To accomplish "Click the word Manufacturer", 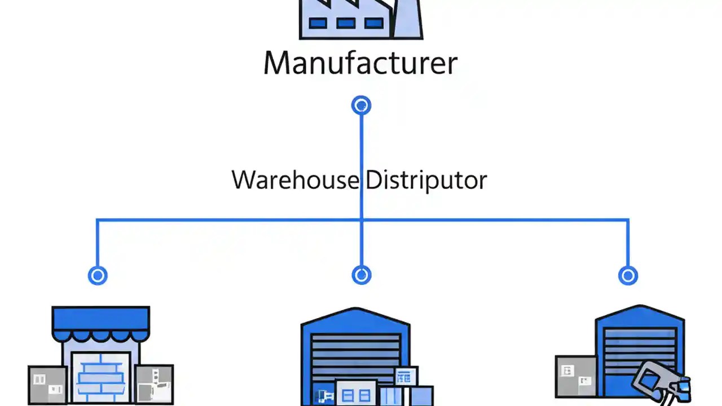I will [x=360, y=63].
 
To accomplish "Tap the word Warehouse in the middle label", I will [x=294, y=180].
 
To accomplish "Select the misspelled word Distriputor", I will [x=425, y=180].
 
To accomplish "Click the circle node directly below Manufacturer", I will [x=361, y=105].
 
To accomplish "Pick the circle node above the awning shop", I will [x=98, y=275].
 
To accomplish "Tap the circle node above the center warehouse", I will [x=361, y=275].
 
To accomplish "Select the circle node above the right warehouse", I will [x=628, y=275].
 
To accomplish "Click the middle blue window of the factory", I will [x=346, y=23].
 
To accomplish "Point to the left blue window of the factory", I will [x=318, y=23].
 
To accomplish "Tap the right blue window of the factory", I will [x=373, y=23].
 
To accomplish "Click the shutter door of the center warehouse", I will [x=355, y=355].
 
